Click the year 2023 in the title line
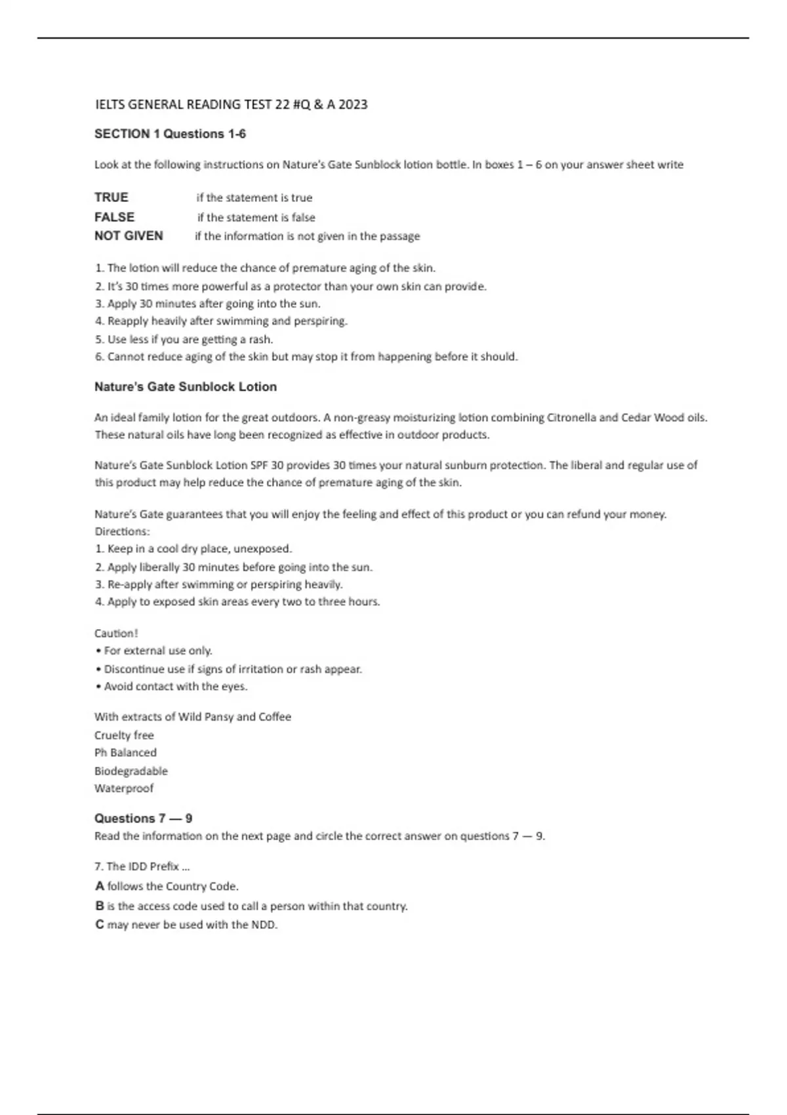pyautogui.click(x=353, y=104)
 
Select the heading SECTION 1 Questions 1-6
pyautogui.click(x=170, y=134)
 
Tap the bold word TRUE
pyautogui.click(x=111, y=197)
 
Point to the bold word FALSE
pyautogui.click(x=114, y=217)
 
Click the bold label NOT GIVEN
pyautogui.click(x=129, y=236)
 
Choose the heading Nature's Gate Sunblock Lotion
pyautogui.click(x=186, y=387)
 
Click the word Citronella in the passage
pyautogui.click(x=572, y=417)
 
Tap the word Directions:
pyautogui.click(x=122, y=531)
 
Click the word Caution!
pyautogui.click(x=116, y=633)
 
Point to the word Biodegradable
pyautogui.click(x=131, y=771)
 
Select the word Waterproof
pyautogui.click(x=124, y=788)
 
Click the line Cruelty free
pyautogui.click(x=124, y=735)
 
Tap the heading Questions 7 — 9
pyautogui.click(x=143, y=819)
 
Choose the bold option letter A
pyautogui.click(x=100, y=886)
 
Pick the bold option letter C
pyautogui.click(x=100, y=925)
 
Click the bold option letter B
pyautogui.click(x=100, y=906)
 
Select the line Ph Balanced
pyautogui.click(x=125, y=752)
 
